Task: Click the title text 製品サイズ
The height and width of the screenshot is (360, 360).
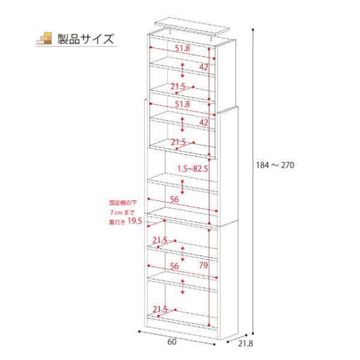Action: point(85,40)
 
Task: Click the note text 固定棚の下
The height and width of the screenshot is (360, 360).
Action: point(121,203)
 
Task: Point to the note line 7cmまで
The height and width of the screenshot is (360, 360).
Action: point(124,212)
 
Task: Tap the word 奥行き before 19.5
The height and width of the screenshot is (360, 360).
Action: point(116,222)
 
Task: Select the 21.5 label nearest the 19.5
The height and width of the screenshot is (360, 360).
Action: point(160,241)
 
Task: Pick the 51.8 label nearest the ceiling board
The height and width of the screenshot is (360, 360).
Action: point(182,48)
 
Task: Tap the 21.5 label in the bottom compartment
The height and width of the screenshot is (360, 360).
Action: point(160,310)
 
